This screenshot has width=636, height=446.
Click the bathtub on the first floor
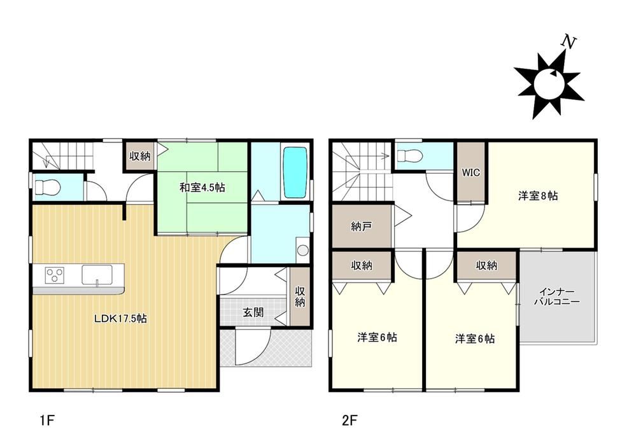[295, 172]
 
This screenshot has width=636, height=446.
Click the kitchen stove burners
[53, 274]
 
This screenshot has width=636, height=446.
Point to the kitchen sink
[97, 274]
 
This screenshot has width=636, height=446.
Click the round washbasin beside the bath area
[303, 250]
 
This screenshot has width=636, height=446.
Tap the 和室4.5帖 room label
[202, 188]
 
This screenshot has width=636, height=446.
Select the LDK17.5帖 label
[120, 318]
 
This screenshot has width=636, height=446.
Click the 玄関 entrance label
[253, 312]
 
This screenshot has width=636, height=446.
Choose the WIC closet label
[471, 172]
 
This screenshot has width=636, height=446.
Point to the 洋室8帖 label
[538, 196]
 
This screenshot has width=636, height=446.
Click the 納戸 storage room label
[362, 226]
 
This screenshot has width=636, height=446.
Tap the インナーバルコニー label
[557, 296]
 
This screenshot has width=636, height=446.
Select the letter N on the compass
[569, 41]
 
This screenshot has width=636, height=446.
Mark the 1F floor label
[47, 421]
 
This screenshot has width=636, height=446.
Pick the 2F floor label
[350, 421]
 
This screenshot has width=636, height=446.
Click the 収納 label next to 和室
[140, 156]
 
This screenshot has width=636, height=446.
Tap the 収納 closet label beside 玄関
[300, 296]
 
